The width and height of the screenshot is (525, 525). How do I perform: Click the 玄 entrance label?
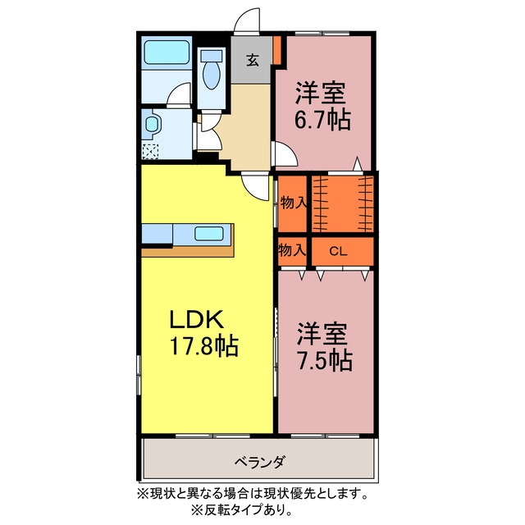pos(253,60)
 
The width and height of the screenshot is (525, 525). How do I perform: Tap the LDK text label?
pos(197,319)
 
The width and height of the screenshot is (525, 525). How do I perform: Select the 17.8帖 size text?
pos(204,345)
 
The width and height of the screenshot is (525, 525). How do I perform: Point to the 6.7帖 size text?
pos(322,120)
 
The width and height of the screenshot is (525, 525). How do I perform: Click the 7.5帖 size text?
pos(325,360)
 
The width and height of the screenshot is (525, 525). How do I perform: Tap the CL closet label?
pos(338,251)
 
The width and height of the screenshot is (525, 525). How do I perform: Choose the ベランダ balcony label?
pos(260,463)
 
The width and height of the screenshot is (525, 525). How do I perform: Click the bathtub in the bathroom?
pos(167,52)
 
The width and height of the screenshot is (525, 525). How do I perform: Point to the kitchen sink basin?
pos(209,233)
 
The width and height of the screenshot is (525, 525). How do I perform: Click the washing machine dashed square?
pos(150,151)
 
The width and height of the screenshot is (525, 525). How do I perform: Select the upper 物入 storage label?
pos(294,203)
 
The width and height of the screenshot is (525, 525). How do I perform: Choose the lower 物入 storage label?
pos(292,250)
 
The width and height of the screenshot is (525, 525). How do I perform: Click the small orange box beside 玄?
pos(277,49)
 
